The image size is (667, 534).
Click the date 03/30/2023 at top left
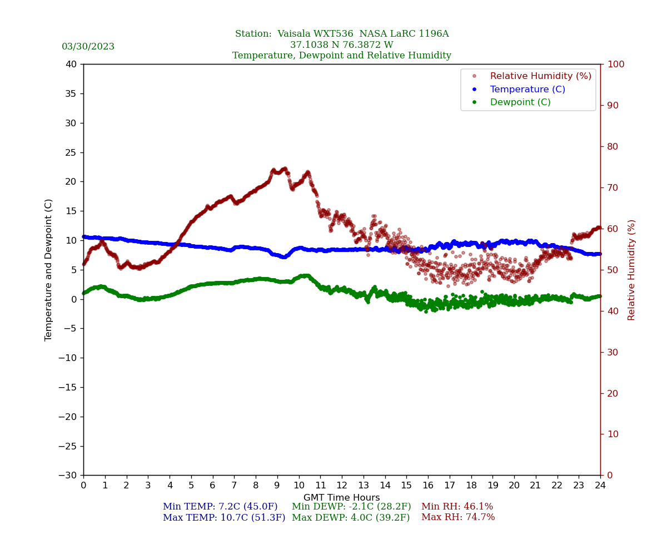(x=88, y=47)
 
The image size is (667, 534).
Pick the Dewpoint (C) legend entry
(x=520, y=102)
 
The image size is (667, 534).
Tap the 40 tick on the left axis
(x=71, y=65)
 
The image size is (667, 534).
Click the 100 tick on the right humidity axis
(x=615, y=65)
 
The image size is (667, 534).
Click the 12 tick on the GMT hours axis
(x=342, y=485)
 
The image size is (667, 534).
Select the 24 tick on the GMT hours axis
(x=600, y=485)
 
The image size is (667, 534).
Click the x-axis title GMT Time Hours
(x=341, y=498)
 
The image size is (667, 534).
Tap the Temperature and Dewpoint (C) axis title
(x=49, y=270)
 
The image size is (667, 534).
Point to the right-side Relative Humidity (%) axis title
(x=631, y=270)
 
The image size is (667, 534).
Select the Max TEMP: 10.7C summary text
(x=223, y=517)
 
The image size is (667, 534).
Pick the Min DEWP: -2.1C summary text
(x=351, y=507)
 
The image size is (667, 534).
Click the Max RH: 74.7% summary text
(x=458, y=517)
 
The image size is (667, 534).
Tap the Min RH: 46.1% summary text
(x=457, y=507)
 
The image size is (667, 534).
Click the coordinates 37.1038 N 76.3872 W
(x=341, y=45)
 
